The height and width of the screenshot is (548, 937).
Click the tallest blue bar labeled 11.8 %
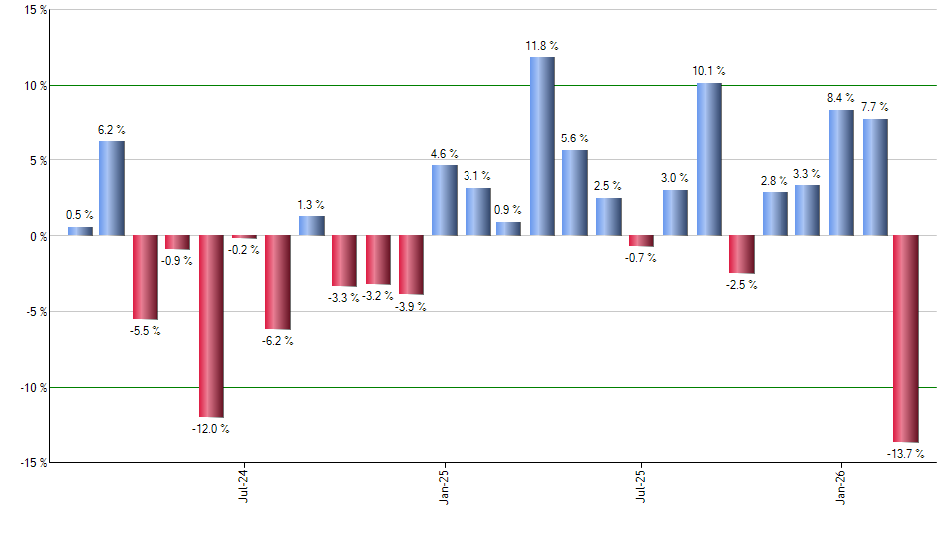point(542,146)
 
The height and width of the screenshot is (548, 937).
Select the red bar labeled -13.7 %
point(905,339)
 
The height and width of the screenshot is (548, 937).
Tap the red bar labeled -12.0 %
point(211,327)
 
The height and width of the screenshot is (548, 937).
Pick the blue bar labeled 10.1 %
point(709,159)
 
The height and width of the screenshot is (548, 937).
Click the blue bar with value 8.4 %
point(841,172)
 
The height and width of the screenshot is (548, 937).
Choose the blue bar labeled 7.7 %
point(875,177)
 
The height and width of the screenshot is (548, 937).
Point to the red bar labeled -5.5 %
point(145,277)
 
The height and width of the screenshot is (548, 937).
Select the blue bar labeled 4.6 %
point(444,200)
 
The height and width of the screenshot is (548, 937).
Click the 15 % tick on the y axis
point(35,10)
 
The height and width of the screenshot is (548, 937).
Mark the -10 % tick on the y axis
point(31,388)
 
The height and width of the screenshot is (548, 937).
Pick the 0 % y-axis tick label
point(37,236)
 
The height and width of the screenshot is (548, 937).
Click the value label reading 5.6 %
point(575,138)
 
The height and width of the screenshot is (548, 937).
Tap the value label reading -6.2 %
point(276,341)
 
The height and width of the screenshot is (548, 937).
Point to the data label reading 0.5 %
point(80,215)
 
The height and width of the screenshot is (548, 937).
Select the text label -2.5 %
point(741,285)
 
